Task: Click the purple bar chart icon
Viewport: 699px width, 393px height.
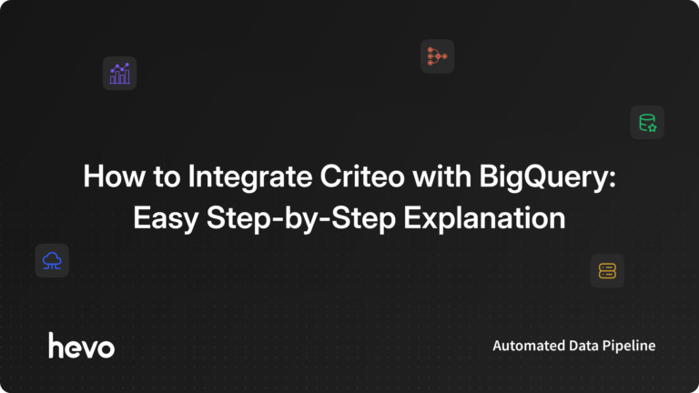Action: [119, 73]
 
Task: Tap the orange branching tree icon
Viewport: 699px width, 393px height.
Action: [437, 56]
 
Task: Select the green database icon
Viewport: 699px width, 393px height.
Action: [647, 122]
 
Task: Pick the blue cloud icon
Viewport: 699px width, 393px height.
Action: [52, 261]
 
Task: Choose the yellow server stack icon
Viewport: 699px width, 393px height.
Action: [607, 270]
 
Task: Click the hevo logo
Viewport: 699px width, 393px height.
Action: [81, 346]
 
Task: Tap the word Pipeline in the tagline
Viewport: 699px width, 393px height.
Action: [628, 346]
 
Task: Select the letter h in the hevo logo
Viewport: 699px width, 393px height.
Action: [56, 345]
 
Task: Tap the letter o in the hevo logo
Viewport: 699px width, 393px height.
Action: [106, 347]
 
